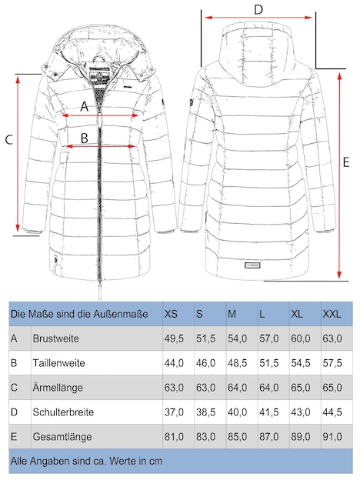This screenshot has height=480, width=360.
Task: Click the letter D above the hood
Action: (x=258, y=9)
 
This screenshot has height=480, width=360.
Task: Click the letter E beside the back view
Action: (x=346, y=162)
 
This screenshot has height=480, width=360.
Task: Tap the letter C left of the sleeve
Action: (x=9, y=140)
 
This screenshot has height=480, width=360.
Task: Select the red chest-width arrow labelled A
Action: (x=100, y=115)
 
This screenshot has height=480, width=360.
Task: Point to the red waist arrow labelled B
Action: (x=101, y=146)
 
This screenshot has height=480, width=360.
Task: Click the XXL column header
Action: (x=332, y=314)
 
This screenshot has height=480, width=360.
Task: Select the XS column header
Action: (x=171, y=314)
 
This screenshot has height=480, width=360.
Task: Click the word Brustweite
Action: (x=55, y=338)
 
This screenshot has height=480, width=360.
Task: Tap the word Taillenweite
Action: (x=58, y=363)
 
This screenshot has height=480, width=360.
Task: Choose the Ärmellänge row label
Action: (x=58, y=387)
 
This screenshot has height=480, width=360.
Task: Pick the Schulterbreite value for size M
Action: (x=237, y=412)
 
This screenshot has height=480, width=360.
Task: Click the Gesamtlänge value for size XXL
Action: (x=332, y=436)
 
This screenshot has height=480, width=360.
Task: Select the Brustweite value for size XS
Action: (x=174, y=338)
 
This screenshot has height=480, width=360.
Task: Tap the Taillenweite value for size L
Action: (x=269, y=363)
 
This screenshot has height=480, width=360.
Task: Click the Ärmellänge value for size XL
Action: (x=301, y=388)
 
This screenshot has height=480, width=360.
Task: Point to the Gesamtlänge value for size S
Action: (x=205, y=436)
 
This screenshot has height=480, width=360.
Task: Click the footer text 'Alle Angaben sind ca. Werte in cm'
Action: (x=86, y=461)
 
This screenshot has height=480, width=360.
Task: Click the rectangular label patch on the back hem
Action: (x=252, y=265)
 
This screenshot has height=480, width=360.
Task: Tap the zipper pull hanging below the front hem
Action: (x=99, y=291)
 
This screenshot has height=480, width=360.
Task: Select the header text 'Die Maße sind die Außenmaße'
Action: (x=79, y=314)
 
